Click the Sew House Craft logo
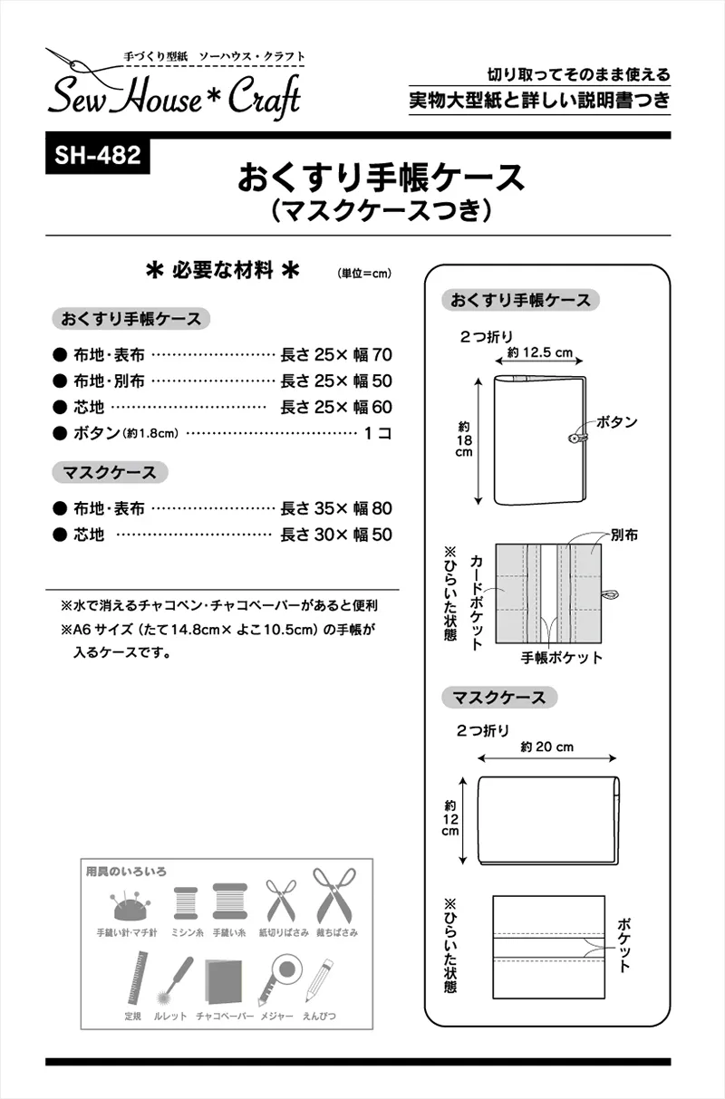click(x=172, y=86)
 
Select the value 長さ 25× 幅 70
click(x=336, y=355)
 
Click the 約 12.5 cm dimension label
click(x=541, y=352)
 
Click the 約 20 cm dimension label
click(x=547, y=747)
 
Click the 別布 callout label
click(x=623, y=535)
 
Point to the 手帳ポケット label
click(x=562, y=658)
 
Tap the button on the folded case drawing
click(x=574, y=438)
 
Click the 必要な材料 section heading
click(x=223, y=270)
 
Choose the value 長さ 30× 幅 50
click(x=336, y=535)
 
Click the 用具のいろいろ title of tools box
click(x=126, y=872)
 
